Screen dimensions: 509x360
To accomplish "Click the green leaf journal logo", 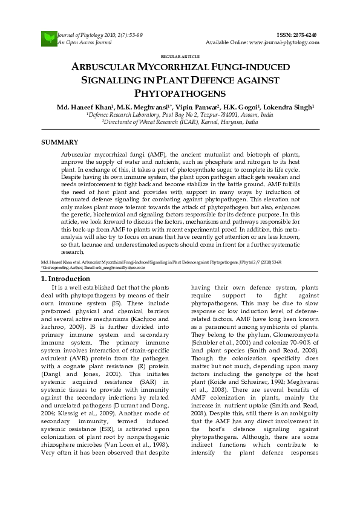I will [48, 39].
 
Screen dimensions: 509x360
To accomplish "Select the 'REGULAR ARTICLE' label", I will [180, 56].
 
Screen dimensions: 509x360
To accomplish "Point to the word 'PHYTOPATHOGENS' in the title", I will [180, 93].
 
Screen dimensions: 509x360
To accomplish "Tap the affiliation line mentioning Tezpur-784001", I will [180, 114].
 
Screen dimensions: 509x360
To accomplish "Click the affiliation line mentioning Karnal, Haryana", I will [180, 122].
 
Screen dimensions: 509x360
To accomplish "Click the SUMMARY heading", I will [59, 142].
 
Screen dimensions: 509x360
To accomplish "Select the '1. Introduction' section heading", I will [65, 279].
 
